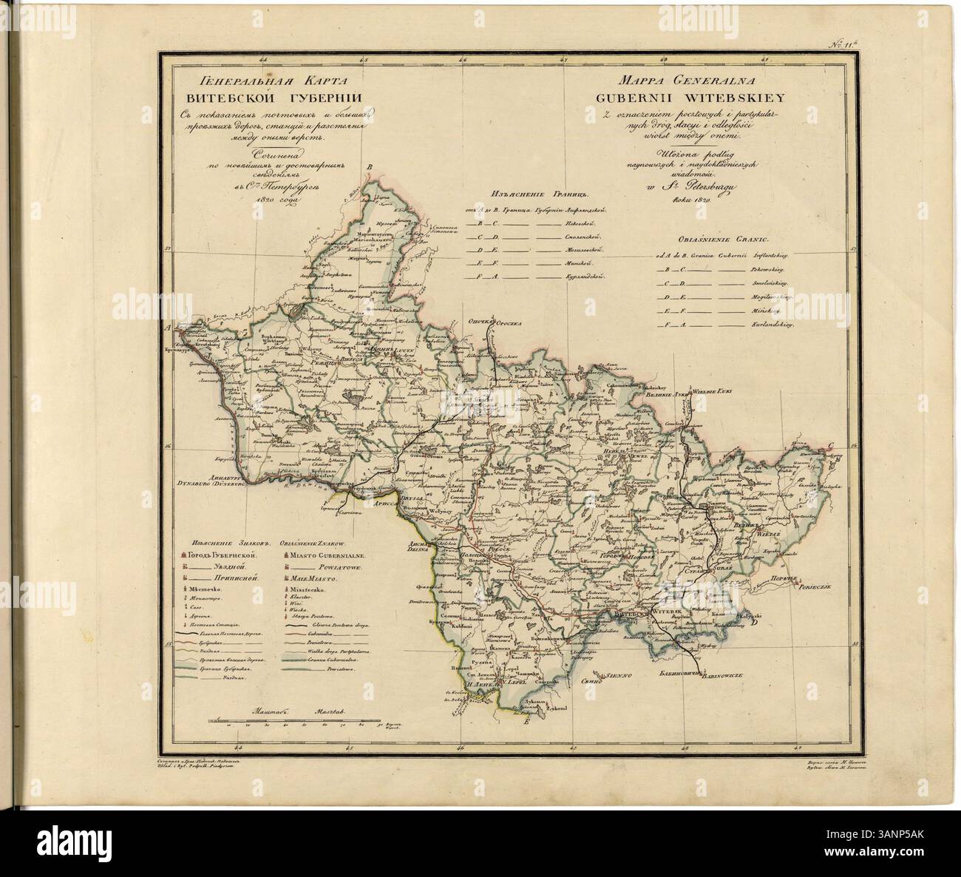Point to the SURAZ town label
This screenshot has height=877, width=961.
coord(724,571)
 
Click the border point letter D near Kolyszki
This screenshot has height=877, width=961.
coord(754,623)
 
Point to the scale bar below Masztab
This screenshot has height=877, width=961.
coord(303,719)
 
